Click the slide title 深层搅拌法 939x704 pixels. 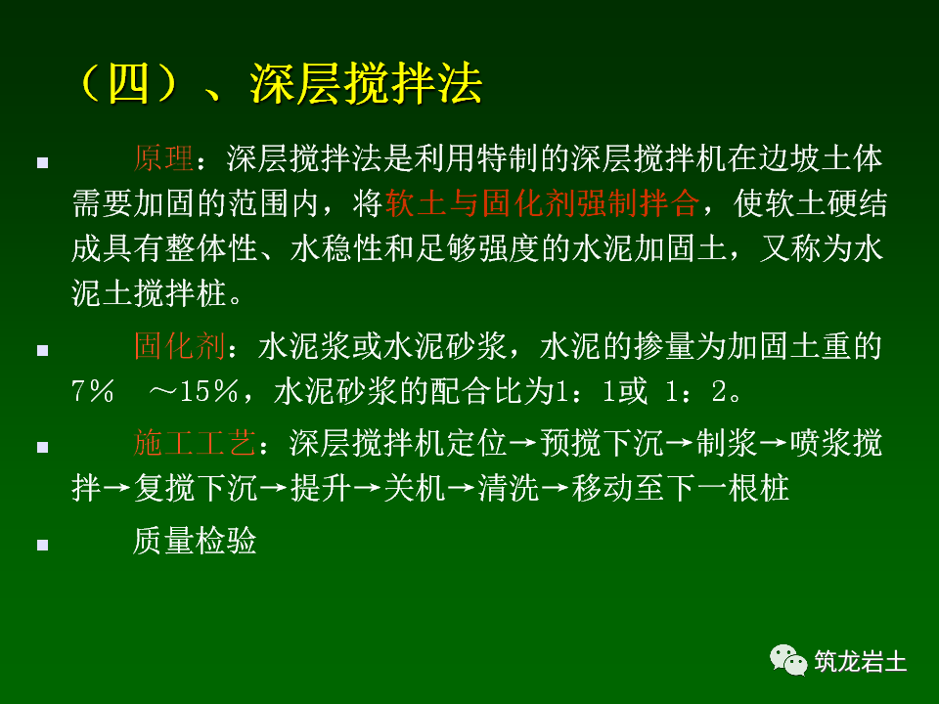pos(367,84)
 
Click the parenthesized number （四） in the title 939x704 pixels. pos(129,84)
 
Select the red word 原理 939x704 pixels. pos(163,158)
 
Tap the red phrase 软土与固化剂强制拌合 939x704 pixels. pos(544,203)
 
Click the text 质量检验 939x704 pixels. pos(195,541)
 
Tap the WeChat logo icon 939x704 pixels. pos(788,660)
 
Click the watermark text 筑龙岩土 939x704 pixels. pos(861,662)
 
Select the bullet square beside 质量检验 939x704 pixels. pos(42,544)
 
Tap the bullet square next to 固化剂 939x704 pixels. pos(42,350)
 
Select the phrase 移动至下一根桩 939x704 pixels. pos(681,489)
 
